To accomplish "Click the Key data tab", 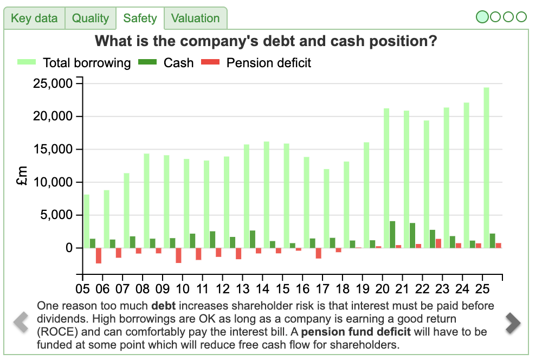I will click(34, 18).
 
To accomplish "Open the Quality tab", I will click(91, 18).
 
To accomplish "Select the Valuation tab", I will click(195, 18).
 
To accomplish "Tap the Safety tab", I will click(140, 18).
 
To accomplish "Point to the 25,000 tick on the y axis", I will click(54, 83).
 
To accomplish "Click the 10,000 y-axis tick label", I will click(54, 182).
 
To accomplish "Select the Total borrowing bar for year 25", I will click(486, 168).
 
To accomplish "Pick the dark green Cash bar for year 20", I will click(392, 234).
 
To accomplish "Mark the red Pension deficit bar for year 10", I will click(178, 255).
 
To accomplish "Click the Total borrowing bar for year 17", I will click(326, 208).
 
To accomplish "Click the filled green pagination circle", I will click(482, 17).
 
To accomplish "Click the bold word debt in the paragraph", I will click(163, 306).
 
